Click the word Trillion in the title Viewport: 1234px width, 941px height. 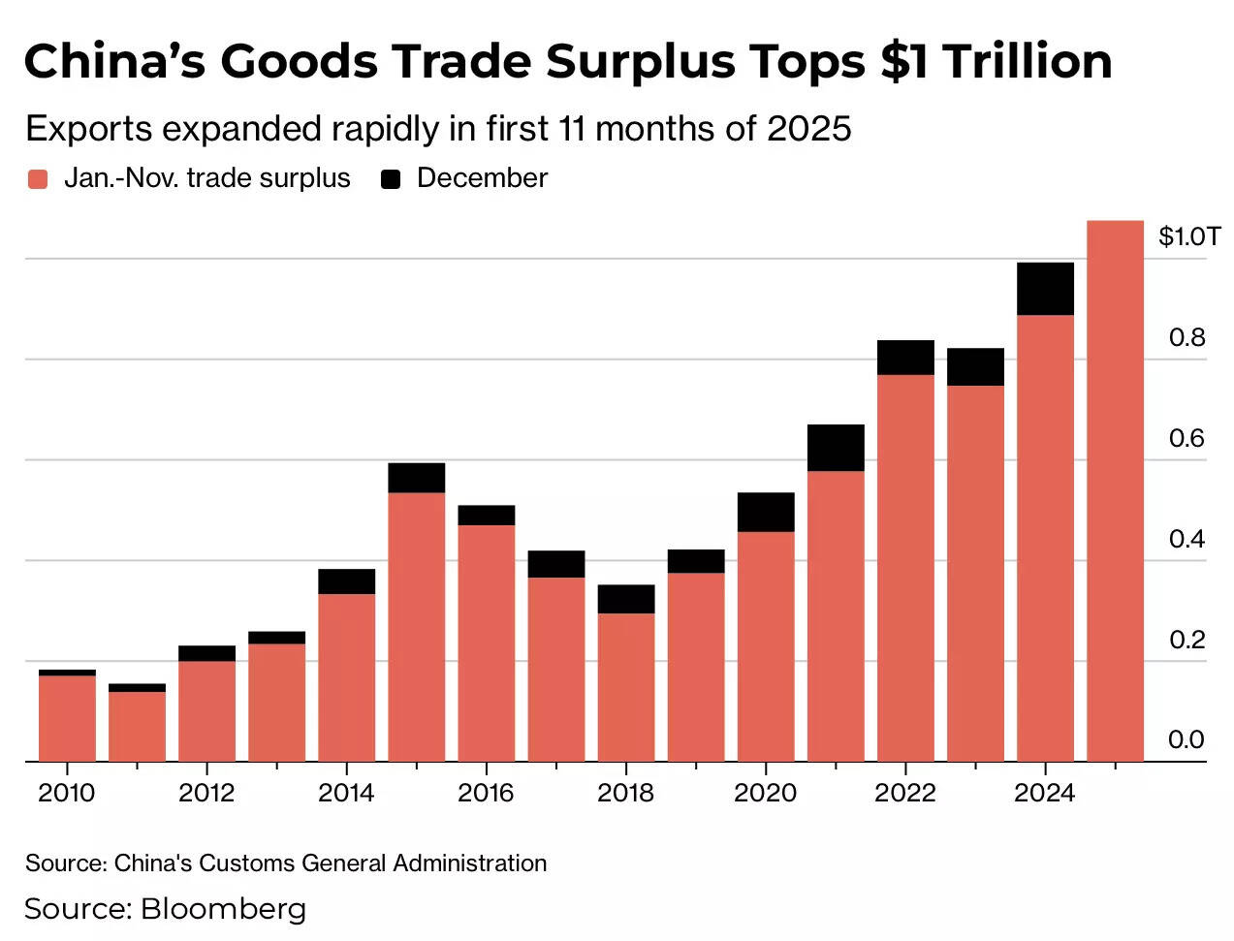(1027, 62)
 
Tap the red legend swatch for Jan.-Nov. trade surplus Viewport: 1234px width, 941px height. (38, 179)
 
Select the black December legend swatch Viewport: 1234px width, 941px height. (391, 179)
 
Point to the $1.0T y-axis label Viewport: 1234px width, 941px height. (1188, 236)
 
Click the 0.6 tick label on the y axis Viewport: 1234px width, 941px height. (1187, 438)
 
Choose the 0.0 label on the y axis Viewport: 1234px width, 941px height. (1187, 740)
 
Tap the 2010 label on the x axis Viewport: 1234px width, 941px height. (67, 793)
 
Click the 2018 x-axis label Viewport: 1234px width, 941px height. (625, 793)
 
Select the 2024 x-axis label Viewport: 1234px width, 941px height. (1044, 793)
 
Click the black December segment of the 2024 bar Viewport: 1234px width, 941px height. (1045, 289)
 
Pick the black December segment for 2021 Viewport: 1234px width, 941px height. (836, 448)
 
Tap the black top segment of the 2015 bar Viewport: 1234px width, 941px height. (417, 478)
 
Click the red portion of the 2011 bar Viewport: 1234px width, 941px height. (137, 727)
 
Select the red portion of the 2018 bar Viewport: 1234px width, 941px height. (626, 687)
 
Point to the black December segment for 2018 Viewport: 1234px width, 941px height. (626, 599)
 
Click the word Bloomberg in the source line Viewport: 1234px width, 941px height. (223, 909)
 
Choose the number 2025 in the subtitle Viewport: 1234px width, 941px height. (808, 129)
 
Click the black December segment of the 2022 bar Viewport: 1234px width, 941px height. (905, 358)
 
